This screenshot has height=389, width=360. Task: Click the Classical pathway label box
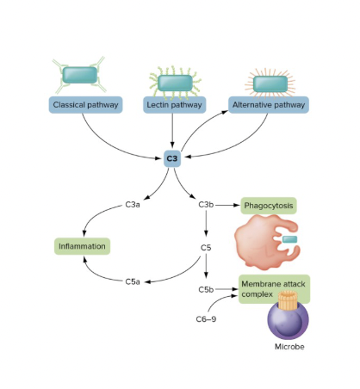[85, 105]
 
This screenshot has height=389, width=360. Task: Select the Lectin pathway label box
[175, 105]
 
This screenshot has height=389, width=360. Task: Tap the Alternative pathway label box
[268, 105]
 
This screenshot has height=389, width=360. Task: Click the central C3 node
[172, 158]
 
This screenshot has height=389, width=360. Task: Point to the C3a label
[133, 205]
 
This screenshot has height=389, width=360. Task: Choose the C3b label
[206, 205]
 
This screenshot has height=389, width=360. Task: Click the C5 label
[206, 247]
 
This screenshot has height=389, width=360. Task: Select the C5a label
[133, 281]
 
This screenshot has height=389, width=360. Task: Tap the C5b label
[206, 289]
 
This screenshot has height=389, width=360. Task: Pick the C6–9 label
[206, 318]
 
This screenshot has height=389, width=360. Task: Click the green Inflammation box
[83, 247]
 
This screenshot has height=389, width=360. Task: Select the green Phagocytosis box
[269, 206]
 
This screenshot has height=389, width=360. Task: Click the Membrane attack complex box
[273, 288]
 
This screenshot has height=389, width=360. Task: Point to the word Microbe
[289, 347]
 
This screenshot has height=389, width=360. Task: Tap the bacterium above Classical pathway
[80, 75]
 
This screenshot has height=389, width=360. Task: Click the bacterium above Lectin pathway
[175, 82]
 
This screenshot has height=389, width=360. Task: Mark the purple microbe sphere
[289, 319]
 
